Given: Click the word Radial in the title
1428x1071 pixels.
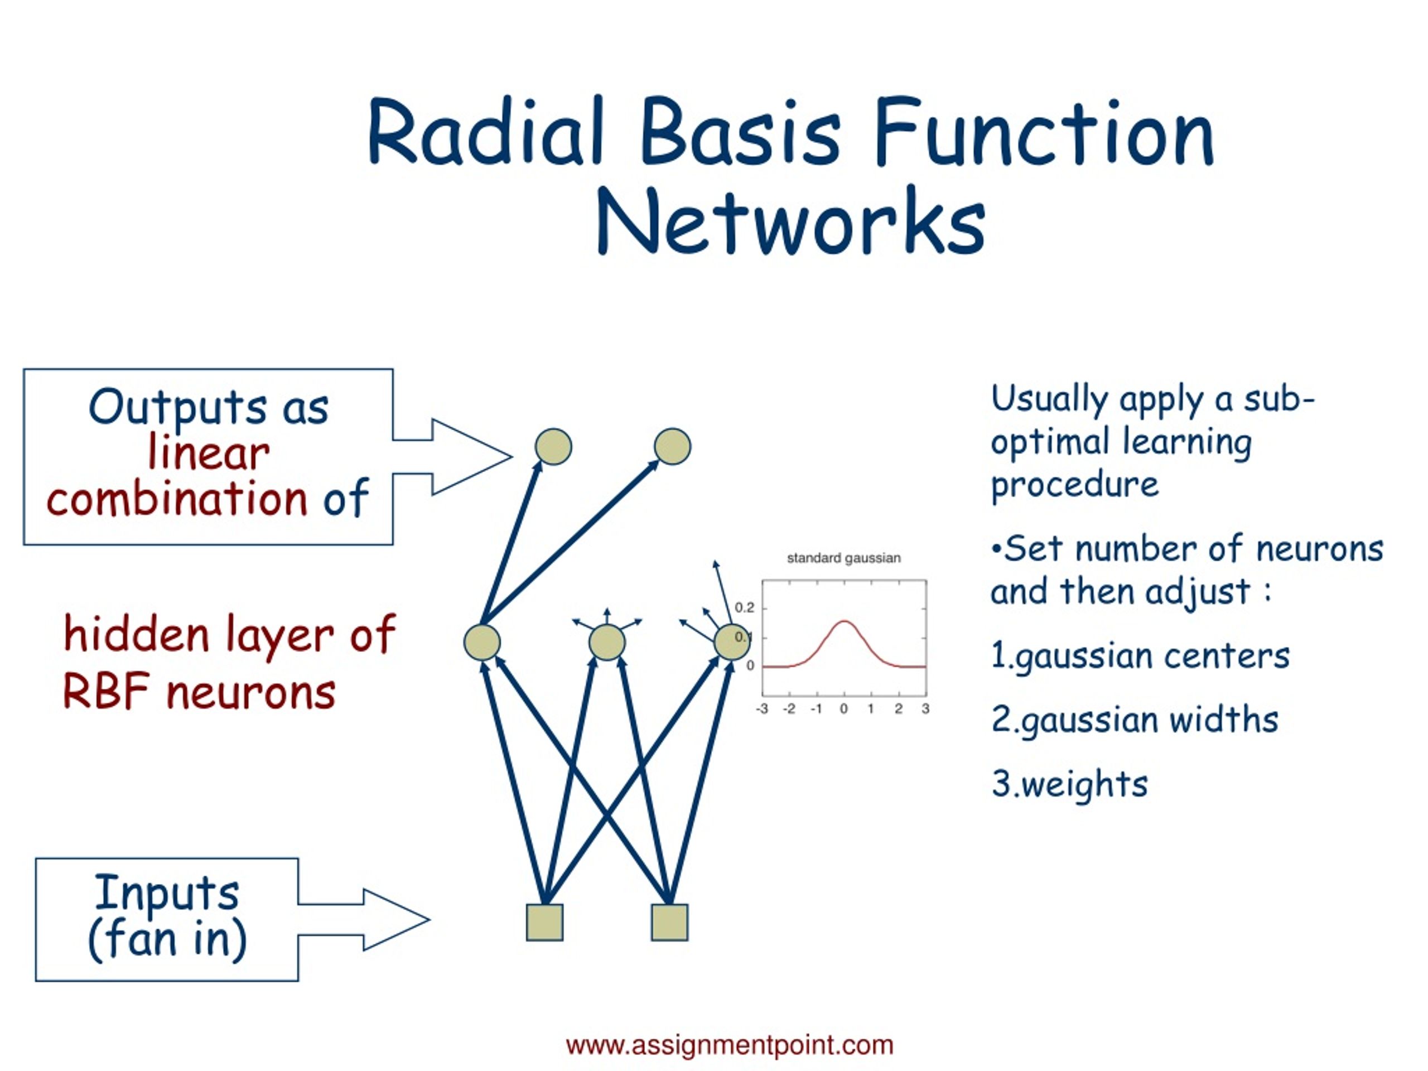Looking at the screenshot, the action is [485, 131].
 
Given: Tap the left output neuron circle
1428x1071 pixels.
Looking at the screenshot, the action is [553, 446].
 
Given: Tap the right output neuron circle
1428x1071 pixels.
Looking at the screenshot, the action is [673, 446].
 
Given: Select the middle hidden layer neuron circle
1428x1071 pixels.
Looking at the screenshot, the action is [607, 643].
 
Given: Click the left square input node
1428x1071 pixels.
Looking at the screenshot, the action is [545, 922].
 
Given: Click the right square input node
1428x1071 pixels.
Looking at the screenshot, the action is [669, 922].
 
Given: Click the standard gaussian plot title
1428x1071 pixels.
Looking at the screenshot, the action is [844, 558].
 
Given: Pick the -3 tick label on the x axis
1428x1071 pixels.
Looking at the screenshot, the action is [763, 709].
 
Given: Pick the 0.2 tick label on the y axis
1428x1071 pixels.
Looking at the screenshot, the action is [744, 607].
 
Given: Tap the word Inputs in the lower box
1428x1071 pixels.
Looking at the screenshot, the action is [167, 894].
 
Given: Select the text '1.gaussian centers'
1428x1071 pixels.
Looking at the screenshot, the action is [1140, 657].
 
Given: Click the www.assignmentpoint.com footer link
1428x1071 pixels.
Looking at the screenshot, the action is [730, 1045].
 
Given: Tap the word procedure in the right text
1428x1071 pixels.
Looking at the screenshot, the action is [1075, 485].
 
